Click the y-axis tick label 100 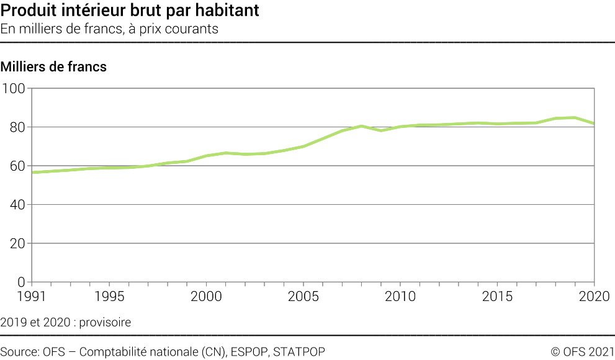point(13,89)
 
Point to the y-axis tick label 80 point(17,127)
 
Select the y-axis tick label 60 point(17,166)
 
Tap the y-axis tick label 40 point(17,205)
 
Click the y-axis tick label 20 point(17,243)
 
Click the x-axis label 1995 point(109,296)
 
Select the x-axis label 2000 point(206,296)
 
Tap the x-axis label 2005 point(303,296)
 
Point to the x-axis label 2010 point(400,296)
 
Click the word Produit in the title point(29,11)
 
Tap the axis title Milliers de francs point(53,66)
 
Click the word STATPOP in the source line point(299,351)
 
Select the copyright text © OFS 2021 point(583,351)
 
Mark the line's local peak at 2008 point(361,126)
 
